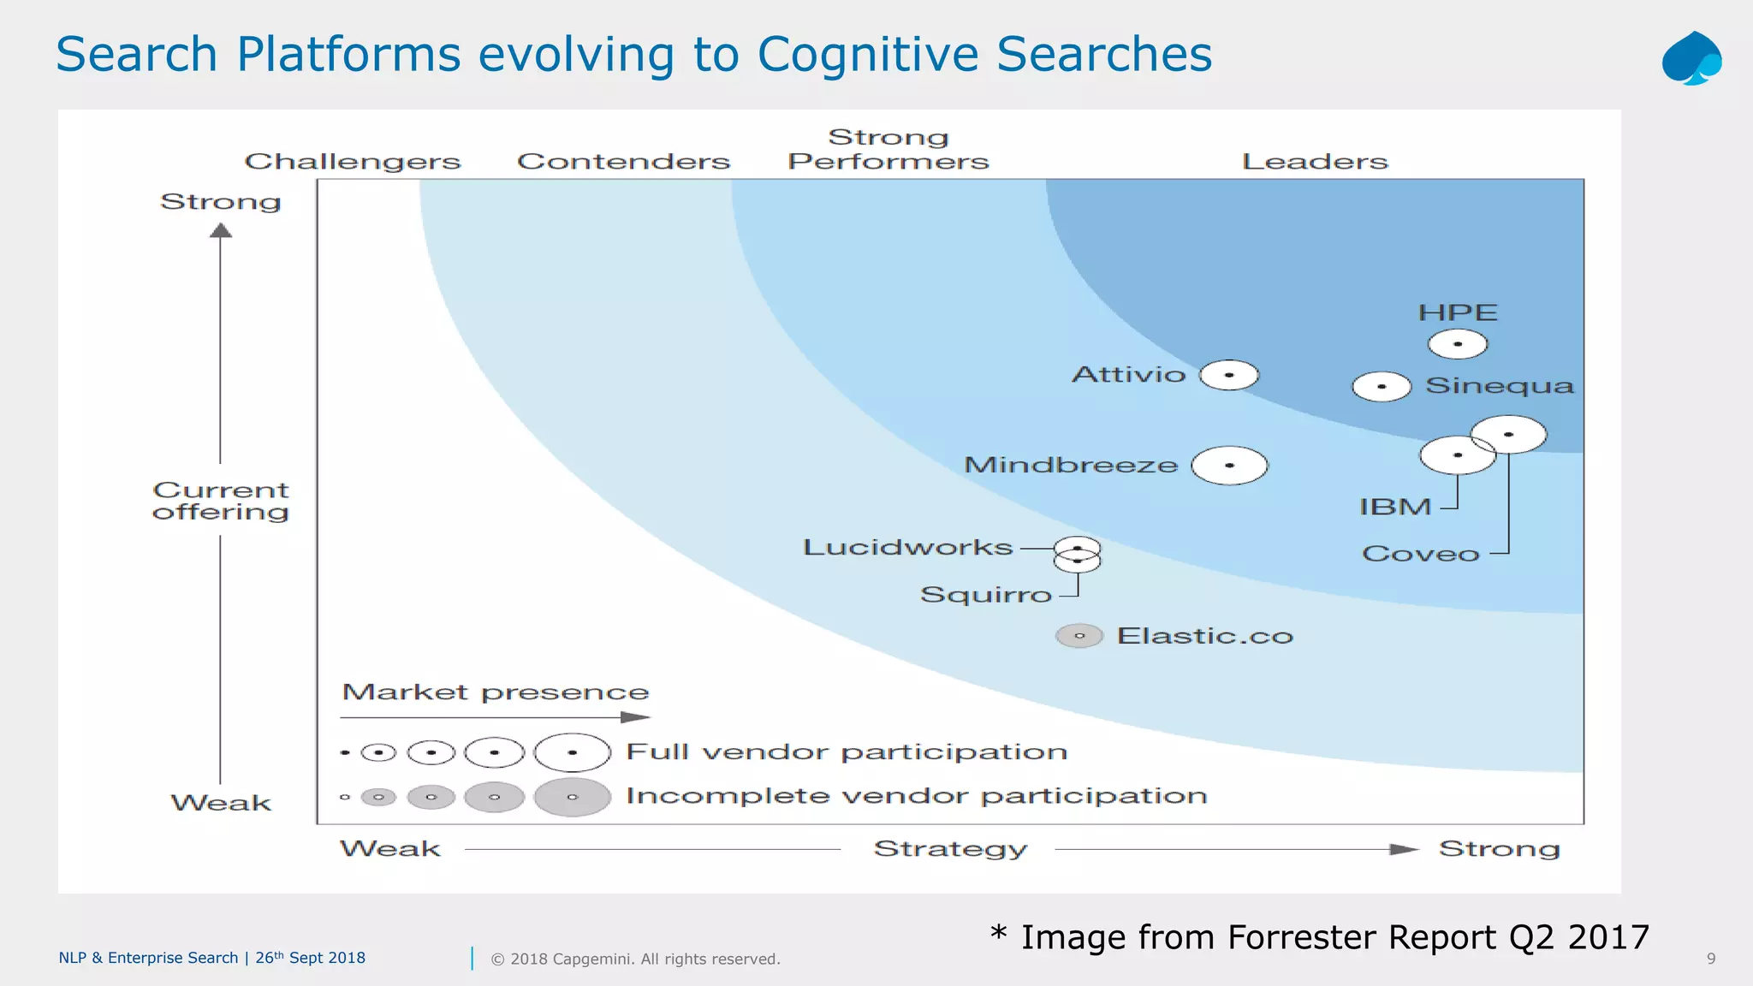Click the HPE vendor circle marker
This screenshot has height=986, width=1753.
point(1458,344)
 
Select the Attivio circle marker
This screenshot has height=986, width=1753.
point(1229,375)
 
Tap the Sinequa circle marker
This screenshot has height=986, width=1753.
point(1382,387)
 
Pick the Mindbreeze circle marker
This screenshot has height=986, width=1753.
point(1229,466)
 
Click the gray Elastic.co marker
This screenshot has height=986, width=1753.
point(1079,636)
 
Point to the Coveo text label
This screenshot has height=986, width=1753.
point(1420,554)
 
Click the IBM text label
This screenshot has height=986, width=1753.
point(1395,507)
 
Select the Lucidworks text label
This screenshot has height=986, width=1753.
point(907,548)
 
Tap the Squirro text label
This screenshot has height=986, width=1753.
point(985,594)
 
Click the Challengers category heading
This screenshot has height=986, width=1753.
point(353,161)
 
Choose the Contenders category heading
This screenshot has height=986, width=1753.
point(623,161)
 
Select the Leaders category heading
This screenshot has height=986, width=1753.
point(1315,161)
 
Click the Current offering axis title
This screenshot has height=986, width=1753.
point(221,501)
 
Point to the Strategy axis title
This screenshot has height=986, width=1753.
point(950,849)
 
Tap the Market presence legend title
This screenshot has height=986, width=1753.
point(496,692)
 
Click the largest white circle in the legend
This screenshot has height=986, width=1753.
point(572,753)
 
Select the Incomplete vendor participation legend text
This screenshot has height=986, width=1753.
point(916,796)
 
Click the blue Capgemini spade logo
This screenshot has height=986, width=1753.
point(1691,58)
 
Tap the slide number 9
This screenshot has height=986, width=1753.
point(1711,959)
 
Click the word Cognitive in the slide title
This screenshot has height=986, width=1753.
point(867,54)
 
